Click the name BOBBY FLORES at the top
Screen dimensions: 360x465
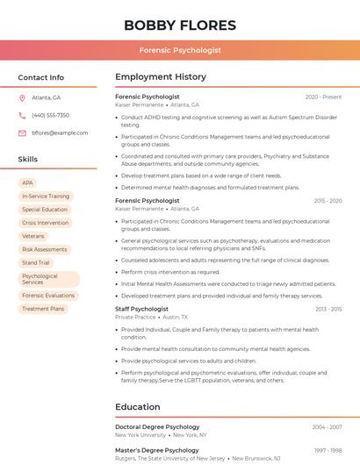point(180,25)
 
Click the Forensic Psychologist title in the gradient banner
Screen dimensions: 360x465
point(180,51)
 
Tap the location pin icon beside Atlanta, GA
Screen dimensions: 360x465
point(23,97)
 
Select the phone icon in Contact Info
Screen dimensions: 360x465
point(23,115)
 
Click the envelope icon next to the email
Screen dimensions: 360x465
point(23,132)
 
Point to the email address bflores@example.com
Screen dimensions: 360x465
point(60,132)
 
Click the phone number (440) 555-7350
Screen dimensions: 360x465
point(50,115)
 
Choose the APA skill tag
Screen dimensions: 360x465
point(28,183)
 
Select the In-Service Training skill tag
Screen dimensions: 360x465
point(46,197)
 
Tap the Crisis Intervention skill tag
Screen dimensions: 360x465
point(45,223)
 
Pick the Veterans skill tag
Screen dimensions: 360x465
point(33,236)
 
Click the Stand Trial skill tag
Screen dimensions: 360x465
point(36,262)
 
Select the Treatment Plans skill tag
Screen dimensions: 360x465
point(43,309)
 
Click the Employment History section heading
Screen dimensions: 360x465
point(161,77)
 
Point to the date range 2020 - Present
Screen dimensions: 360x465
point(323,97)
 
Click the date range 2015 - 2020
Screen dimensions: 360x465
point(328,200)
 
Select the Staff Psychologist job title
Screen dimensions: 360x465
point(141,309)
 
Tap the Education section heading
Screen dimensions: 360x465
point(138,407)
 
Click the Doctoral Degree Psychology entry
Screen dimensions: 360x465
point(157,427)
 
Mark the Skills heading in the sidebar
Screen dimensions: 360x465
point(28,160)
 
